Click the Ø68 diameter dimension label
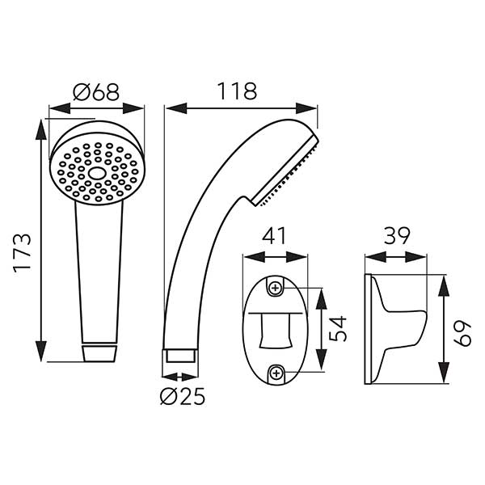[x=96, y=92]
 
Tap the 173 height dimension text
[x=23, y=252]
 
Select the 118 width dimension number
[x=237, y=91]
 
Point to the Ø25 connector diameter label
[x=183, y=396]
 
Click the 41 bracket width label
[x=275, y=236]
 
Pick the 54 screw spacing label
[x=338, y=328]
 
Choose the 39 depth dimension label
[x=397, y=236]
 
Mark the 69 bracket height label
[x=462, y=334]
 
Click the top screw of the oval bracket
[x=276, y=289]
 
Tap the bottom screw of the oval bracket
[x=276, y=373]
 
